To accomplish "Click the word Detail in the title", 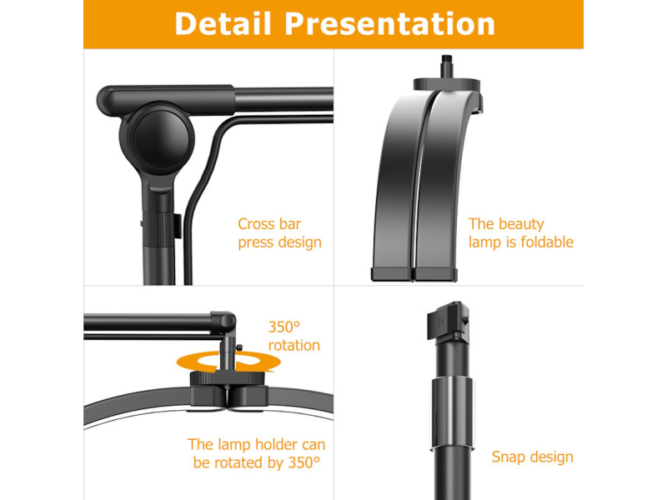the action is [223, 23].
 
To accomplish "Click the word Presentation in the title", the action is [389, 23].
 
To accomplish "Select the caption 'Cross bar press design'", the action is [279, 233].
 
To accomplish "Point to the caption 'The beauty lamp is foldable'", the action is [520, 233].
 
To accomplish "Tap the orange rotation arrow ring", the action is [228, 362].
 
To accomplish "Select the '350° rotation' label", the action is [294, 336].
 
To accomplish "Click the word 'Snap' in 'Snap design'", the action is [509, 457].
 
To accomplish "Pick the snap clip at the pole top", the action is [448, 321].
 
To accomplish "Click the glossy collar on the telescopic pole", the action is [452, 412].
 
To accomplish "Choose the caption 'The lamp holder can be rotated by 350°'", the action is [257, 453].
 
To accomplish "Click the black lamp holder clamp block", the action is [228, 389].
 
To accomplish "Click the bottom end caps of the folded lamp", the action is [414, 274].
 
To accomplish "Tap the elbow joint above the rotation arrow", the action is [224, 322].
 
